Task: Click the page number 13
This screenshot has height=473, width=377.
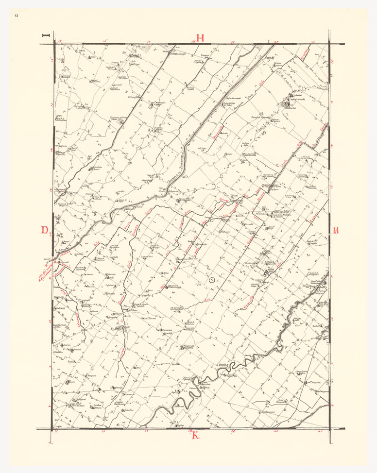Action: click(x=17, y=17)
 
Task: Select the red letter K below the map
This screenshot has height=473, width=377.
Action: click(x=196, y=435)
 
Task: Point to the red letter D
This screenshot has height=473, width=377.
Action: click(x=45, y=230)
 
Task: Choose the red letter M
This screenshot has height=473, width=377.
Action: click(x=335, y=230)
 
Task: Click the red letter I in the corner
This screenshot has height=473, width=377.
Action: click(x=47, y=35)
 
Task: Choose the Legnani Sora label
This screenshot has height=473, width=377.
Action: click(x=147, y=257)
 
